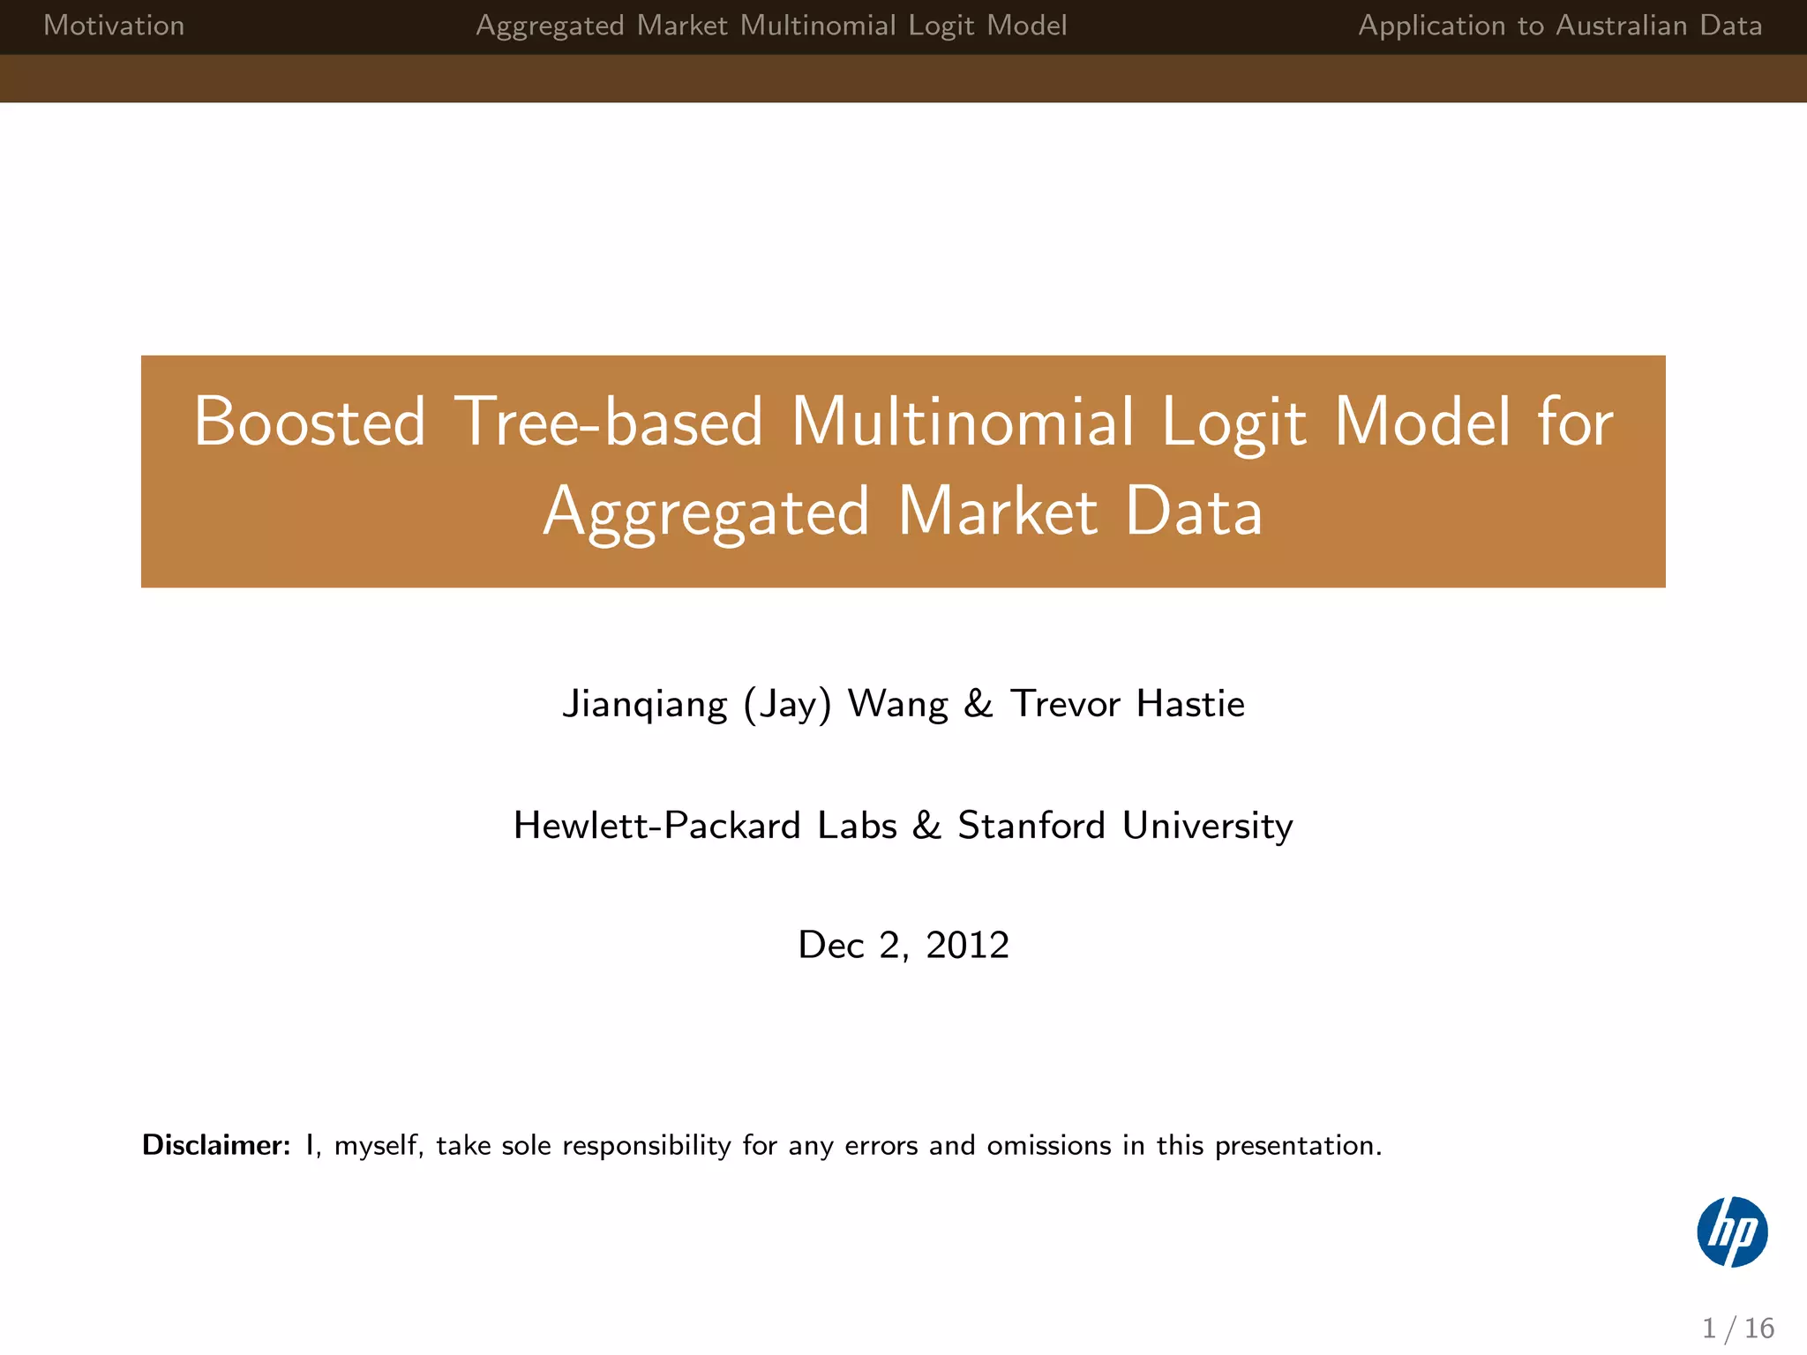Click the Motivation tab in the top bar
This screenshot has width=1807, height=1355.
[x=114, y=26]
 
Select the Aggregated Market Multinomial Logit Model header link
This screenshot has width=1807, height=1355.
[x=771, y=26]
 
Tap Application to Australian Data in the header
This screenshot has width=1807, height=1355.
[x=1559, y=26]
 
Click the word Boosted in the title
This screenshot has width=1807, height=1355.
[x=310, y=422]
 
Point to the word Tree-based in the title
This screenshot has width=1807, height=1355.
[x=608, y=422]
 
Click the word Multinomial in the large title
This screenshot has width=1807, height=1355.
[x=963, y=422]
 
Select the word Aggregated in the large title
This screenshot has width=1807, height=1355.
[x=707, y=513]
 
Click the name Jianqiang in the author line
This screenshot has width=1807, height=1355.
[x=645, y=704]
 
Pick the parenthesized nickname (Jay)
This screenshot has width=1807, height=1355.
[x=787, y=704]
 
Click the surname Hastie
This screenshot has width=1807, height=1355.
[x=1190, y=704]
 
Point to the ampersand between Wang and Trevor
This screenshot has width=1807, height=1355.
[x=978, y=704]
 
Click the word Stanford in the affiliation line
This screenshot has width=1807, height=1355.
[x=1031, y=826]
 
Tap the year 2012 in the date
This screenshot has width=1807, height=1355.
[x=967, y=945]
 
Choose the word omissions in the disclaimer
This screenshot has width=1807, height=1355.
[x=1049, y=1145]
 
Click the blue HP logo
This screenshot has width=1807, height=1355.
[x=1732, y=1231]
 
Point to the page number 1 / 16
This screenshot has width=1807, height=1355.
[x=1737, y=1328]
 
